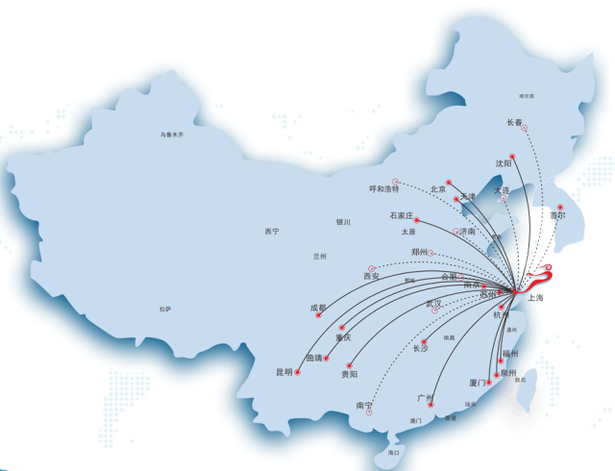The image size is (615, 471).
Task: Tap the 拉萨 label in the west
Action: pyautogui.click(x=165, y=309)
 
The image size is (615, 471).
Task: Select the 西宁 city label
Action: pyautogui.click(x=272, y=231)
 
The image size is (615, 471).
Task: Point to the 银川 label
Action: pyautogui.click(x=343, y=222)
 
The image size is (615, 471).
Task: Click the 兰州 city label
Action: pyautogui.click(x=320, y=257)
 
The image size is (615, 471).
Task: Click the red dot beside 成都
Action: pyautogui.click(x=318, y=316)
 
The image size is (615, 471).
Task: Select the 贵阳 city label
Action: pyautogui.click(x=349, y=374)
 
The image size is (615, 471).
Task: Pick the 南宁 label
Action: pyautogui.click(x=364, y=406)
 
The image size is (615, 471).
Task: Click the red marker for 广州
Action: pyautogui.click(x=430, y=406)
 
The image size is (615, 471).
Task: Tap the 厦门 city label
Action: pyautogui.click(x=479, y=384)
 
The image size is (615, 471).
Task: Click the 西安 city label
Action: pyautogui.click(x=372, y=277)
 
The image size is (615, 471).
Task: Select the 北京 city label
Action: pyautogui.click(x=439, y=189)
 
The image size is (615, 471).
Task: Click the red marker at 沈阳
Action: pyautogui.click(x=512, y=155)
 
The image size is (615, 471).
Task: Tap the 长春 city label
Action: pyautogui.click(x=515, y=123)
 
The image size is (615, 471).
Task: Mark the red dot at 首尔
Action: pyautogui.click(x=561, y=207)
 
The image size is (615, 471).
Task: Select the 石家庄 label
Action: pyautogui.click(x=401, y=215)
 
